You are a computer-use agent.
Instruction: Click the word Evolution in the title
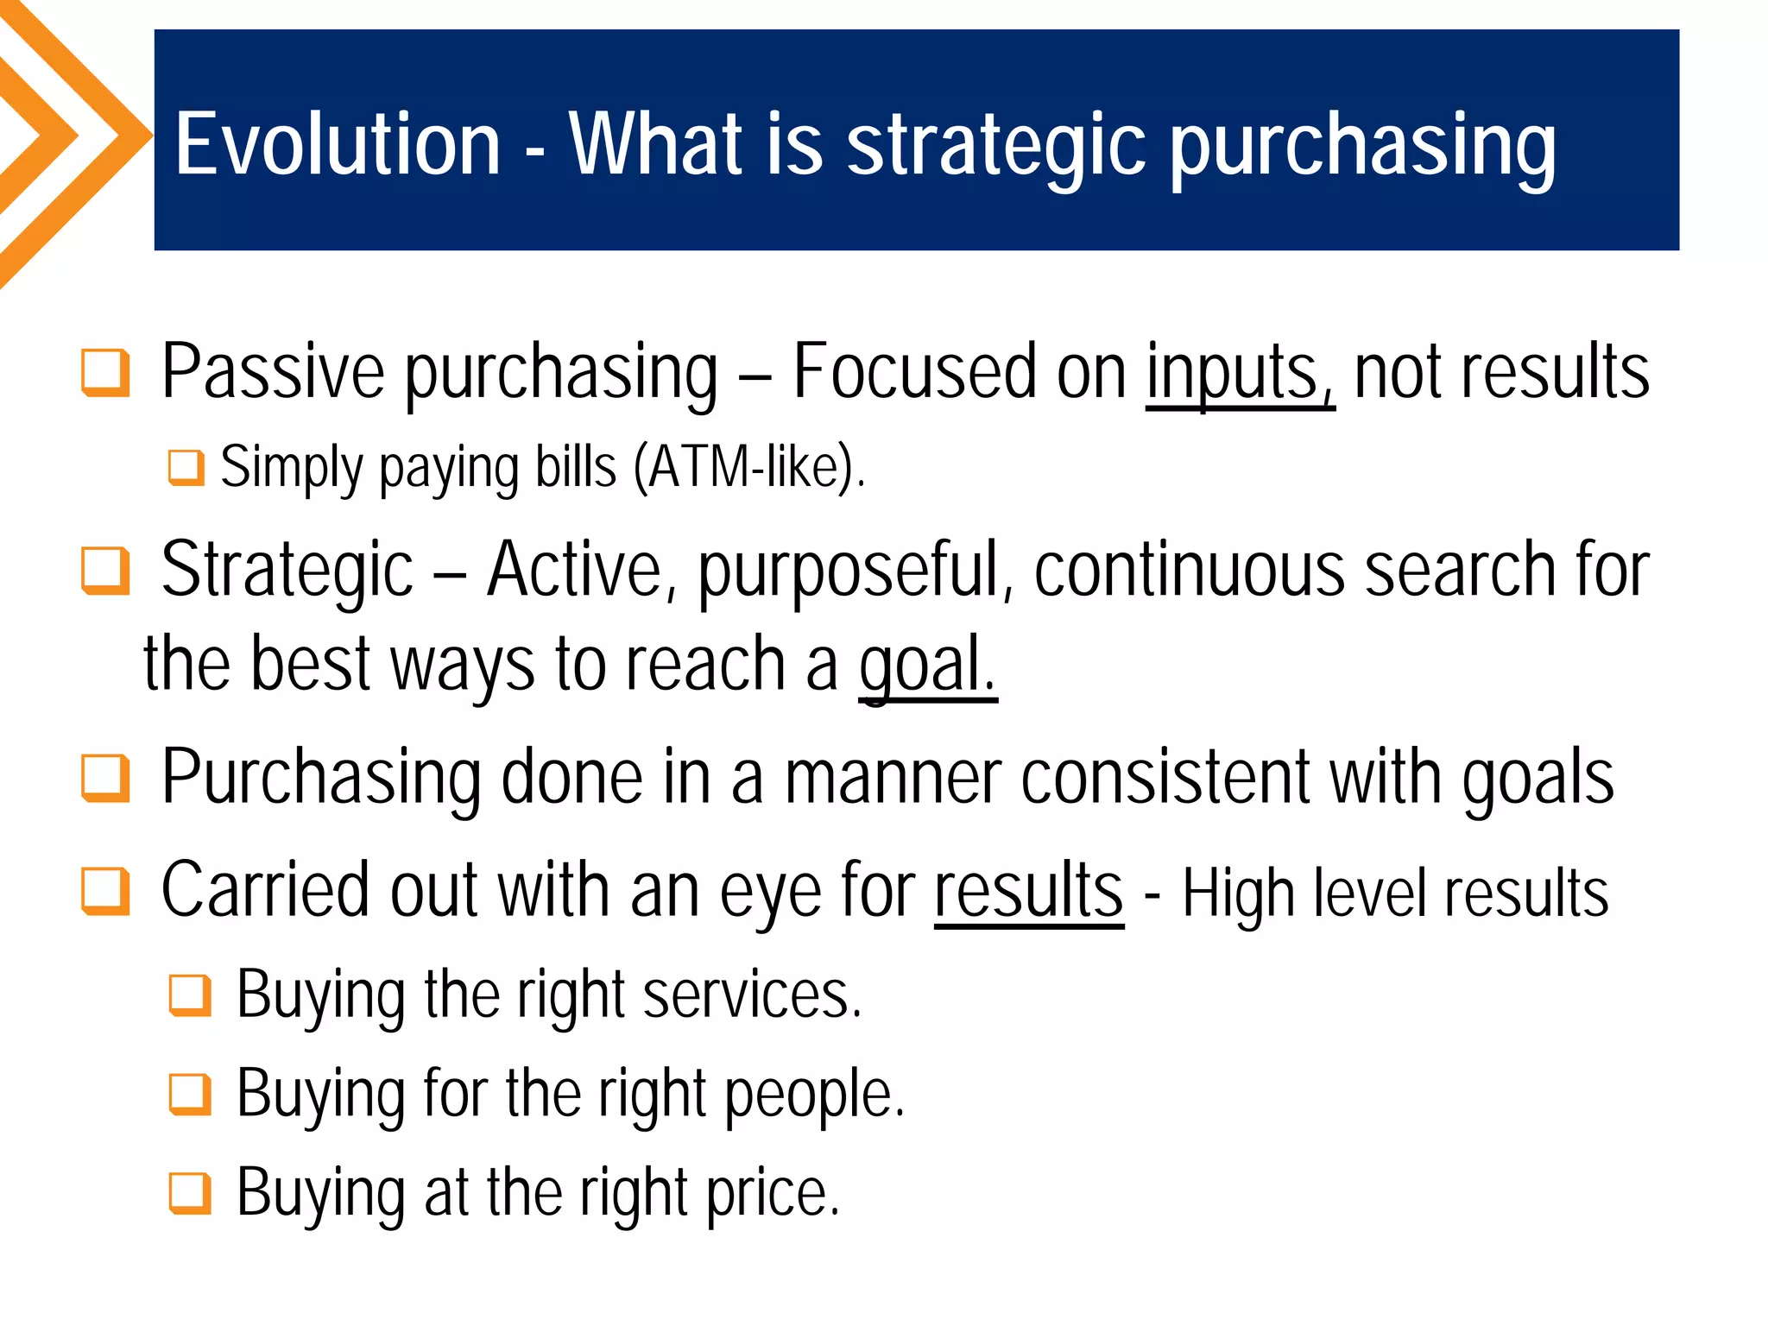point(338,144)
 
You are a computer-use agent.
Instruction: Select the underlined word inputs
point(1239,373)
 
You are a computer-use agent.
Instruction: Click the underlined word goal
point(927,666)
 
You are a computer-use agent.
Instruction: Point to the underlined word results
point(1028,891)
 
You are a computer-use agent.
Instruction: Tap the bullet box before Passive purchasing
point(105,373)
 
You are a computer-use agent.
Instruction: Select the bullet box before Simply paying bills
point(186,468)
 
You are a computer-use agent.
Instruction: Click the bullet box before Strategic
point(105,571)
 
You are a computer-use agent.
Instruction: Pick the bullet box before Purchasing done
point(105,778)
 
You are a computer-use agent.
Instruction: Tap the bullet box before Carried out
point(105,891)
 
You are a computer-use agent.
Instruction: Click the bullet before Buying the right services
point(190,995)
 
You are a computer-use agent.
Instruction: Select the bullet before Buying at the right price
point(190,1193)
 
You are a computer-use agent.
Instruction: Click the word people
point(813,1096)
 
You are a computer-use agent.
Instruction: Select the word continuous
point(1189,570)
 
